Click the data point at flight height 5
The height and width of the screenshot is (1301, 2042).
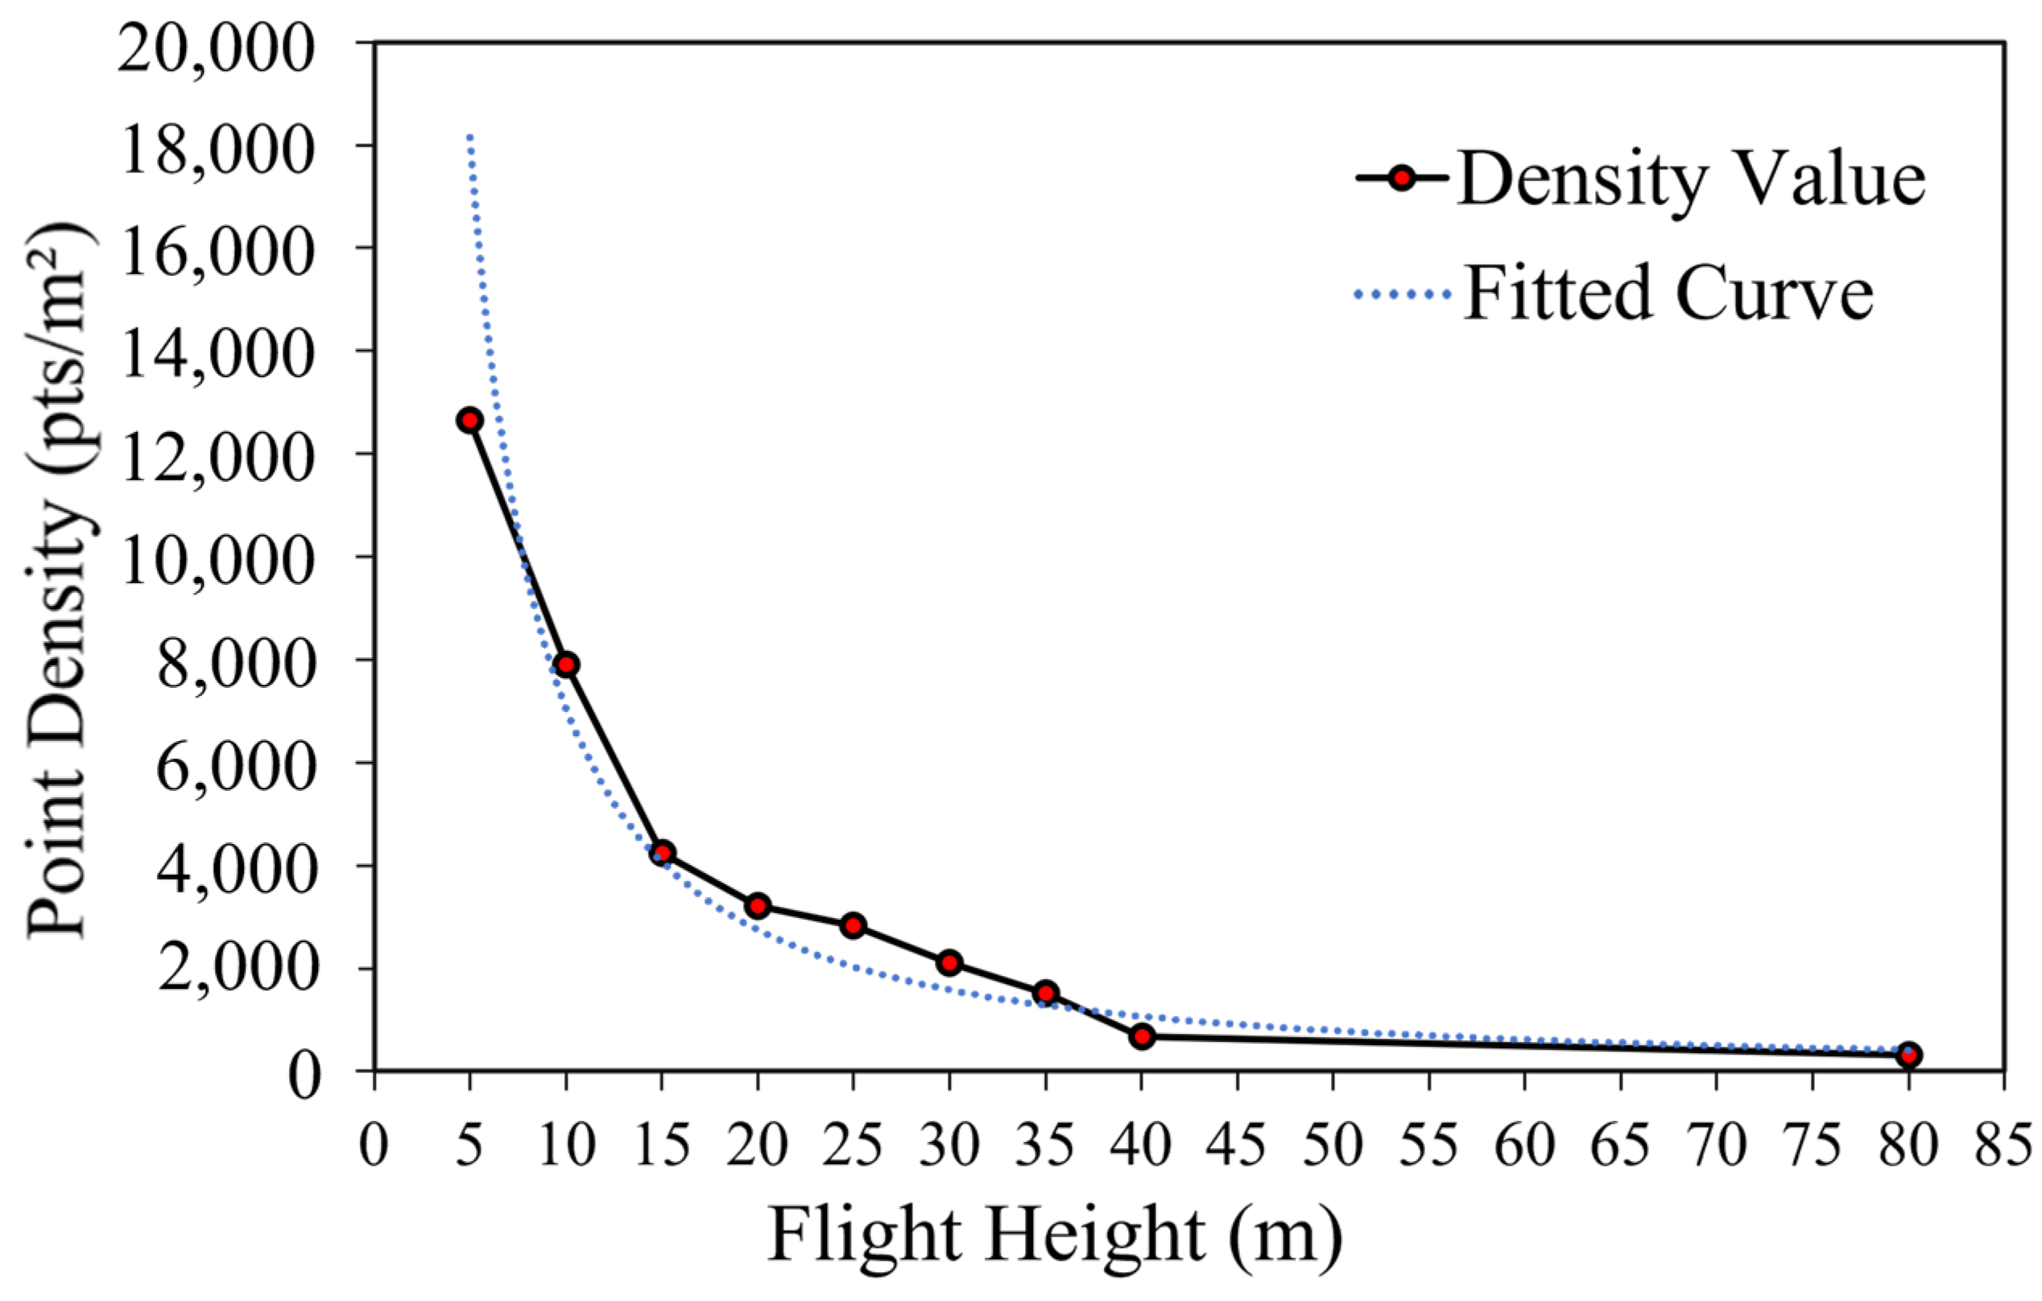(469, 419)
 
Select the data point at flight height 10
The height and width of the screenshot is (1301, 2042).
(567, 665)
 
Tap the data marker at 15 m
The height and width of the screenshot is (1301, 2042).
(663, 853)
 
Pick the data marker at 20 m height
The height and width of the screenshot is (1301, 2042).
(759, 905)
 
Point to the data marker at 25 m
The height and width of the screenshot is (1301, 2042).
(854, 924)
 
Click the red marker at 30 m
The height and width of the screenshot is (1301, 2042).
(950, 962)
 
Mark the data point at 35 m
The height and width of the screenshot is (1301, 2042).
(1046, 993)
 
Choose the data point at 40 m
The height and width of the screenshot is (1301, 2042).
(1142, 1035)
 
